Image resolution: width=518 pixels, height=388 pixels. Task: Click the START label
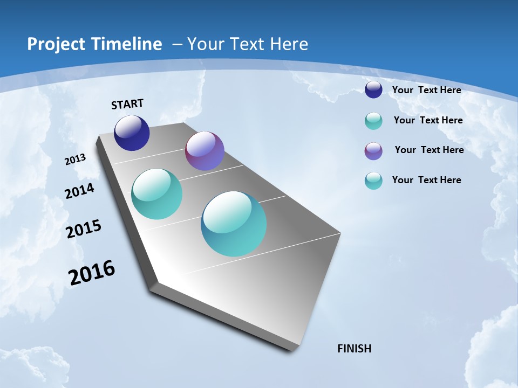[127, 104]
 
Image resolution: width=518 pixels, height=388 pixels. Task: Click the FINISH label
[354, 349]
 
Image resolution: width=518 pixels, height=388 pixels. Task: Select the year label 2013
[75, 160]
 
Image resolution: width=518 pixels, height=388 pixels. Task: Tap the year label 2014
[79, 191]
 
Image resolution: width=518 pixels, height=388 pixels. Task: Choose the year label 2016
[92, 273]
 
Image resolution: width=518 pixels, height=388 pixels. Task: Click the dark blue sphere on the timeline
[132, 133]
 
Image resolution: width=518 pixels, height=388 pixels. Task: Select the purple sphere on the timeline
[205, 151]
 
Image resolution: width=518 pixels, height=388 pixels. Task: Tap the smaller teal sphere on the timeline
[156, 194]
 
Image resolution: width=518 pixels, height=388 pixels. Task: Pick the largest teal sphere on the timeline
[234, 224]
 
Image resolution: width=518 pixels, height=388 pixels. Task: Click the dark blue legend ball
[373, 90]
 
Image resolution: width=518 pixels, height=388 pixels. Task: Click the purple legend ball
[373, 151]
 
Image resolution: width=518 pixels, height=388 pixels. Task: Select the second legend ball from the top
[373, 121]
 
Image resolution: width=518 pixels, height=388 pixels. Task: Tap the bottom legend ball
[373, 181]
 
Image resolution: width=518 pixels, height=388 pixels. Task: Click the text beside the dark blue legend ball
[426, 91]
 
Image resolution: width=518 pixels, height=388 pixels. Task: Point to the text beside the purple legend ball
[429, 150]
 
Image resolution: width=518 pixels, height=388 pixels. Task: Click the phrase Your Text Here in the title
[248, 44]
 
